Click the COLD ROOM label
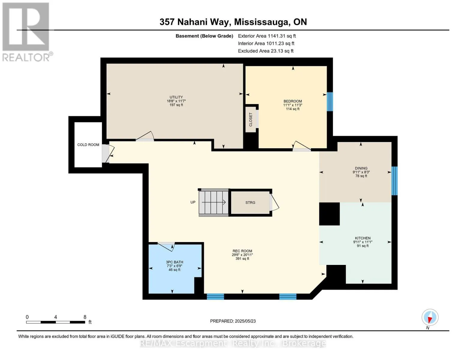[88, 145]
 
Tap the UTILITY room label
[176, 97]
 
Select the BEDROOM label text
[293, 101]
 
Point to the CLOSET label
[251, 120]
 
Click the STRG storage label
[250, 202]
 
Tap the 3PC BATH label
[174, 262]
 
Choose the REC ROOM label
[242, 251]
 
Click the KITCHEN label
[363, 238]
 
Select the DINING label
[361, 168]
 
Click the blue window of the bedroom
[330, 102]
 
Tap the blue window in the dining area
[394, 181]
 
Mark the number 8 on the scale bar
[85, 317]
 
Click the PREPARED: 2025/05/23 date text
[233, 321]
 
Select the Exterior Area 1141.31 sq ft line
[267, 36]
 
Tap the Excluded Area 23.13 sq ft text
[266, 51]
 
